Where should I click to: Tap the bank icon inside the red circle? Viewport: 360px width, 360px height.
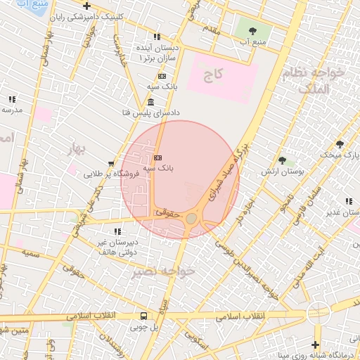click(x=157, y=157)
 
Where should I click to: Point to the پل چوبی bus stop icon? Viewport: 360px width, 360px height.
click(x=143, y=316)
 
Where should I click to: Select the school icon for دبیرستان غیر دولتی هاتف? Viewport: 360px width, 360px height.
click(x=117, y=231)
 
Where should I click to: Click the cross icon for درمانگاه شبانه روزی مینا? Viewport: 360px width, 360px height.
click(x=315, y=345)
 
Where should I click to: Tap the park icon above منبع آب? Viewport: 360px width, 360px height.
click(x=252, y=30)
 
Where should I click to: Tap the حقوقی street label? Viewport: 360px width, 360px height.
click(x=169, y=211)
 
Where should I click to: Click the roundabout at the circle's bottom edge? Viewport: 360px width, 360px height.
click(x=191, y=219)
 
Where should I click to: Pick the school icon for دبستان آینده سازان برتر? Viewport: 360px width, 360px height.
click(x=157, y=37)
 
